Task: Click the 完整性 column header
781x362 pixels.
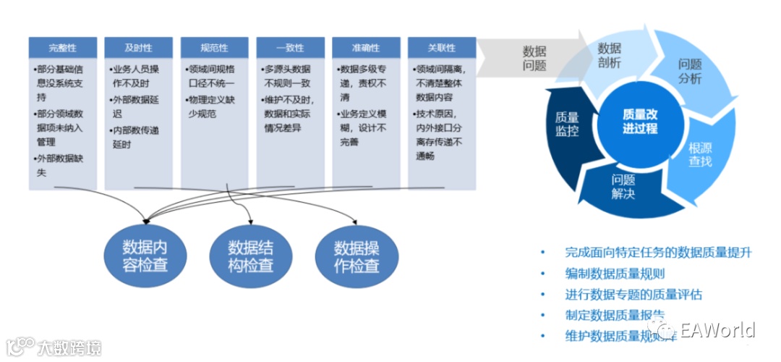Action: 63,48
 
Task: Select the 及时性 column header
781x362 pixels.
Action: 139,48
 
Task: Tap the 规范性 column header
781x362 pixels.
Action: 214,48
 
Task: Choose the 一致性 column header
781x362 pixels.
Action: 290,48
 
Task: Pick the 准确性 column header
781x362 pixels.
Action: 366,48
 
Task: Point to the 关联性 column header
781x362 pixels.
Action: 442,48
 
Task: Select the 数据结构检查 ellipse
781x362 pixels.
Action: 251,255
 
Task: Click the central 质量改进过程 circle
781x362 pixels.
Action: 640,121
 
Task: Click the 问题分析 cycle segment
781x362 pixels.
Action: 690,71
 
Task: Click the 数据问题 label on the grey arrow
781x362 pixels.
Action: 534,59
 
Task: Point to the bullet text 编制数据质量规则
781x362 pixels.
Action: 614,274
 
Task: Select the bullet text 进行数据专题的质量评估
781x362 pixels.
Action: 633,295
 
